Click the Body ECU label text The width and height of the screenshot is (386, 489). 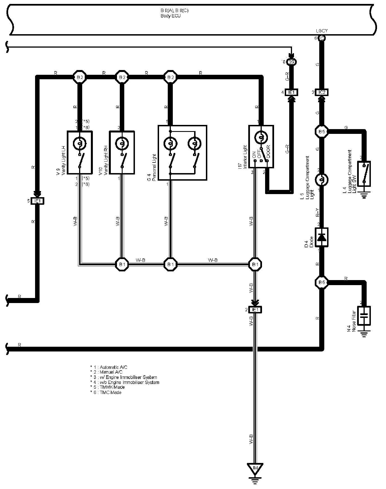click(x=171, y=16)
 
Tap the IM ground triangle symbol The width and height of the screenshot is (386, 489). click(x=255, y=468)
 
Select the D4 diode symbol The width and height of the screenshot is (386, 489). click(x=321, y=237)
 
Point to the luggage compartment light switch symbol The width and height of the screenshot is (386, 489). click(x=364, y=174)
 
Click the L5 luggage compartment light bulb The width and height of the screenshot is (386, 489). click(x=322, y=180)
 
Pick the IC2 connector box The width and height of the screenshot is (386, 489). click(x=322, y=92)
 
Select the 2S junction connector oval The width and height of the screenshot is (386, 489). click(x=291, y=62)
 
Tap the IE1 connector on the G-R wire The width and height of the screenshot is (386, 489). click(x=291, y=92)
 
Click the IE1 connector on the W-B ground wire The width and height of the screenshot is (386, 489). click(x=255, y=310)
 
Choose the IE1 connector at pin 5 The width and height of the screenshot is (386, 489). click(x=37, y=201)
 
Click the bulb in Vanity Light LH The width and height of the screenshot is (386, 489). click(x=80, y=144)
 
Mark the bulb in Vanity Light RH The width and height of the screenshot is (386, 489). click(x=122, y=144)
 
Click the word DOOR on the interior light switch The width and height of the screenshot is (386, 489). click(x=268, y=152)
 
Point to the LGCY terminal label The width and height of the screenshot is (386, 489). click(x=321, y=31)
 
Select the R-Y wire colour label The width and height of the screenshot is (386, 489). click(x=318, y=213)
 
